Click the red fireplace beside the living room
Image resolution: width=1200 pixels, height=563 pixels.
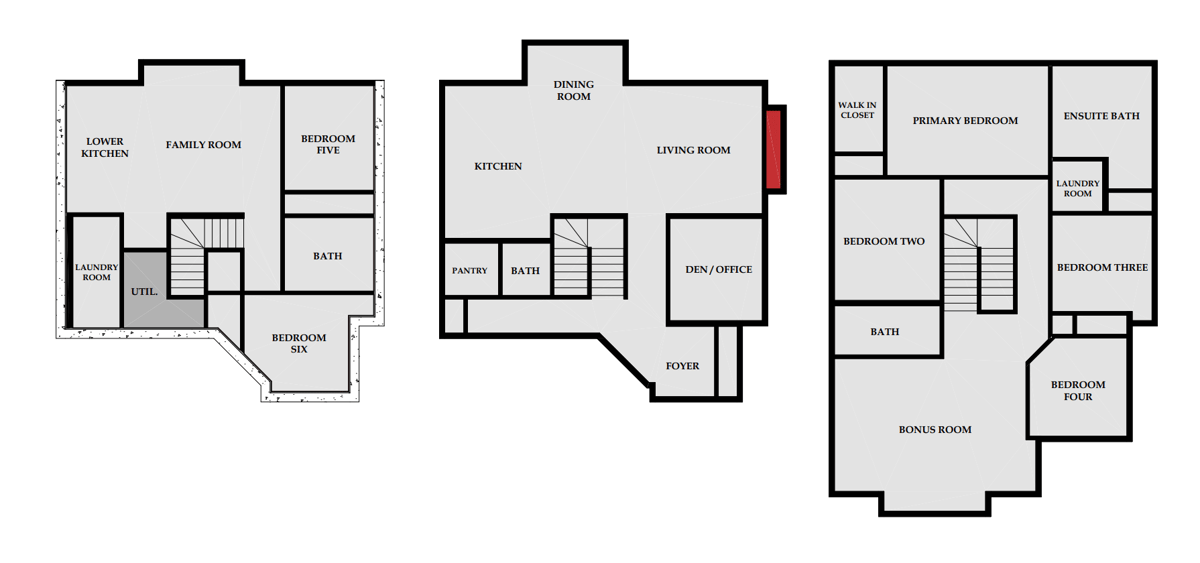(773, 149)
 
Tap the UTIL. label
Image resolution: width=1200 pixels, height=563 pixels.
(144, 292)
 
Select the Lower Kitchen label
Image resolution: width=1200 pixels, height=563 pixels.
(105, 147)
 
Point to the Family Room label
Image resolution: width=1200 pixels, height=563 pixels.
(203, 145)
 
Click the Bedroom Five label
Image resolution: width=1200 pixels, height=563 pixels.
(328, 145)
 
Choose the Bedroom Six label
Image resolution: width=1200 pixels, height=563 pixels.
(299, 343)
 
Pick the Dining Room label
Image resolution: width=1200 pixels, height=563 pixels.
(574, 91)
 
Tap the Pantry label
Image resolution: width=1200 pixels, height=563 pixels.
(470, 271)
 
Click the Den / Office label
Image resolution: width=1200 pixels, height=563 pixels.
(718, 269)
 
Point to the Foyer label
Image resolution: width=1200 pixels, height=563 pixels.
(682, 366)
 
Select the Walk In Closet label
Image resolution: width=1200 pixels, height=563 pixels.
(857, 110)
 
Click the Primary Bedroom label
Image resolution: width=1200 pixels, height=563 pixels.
(965, 121)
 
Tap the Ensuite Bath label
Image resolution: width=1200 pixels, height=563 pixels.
(1101, 116)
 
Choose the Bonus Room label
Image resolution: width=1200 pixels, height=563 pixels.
(935, 430)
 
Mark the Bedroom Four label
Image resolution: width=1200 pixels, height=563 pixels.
(1078, 391)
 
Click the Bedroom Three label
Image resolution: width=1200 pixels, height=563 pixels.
(1102, 267)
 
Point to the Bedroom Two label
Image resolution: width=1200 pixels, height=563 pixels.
(884, 242)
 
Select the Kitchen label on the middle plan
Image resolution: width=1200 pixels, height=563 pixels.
(498, 167)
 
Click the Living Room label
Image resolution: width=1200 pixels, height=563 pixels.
(693, 150)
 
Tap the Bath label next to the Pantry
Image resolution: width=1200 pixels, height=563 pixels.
(525, 271)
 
